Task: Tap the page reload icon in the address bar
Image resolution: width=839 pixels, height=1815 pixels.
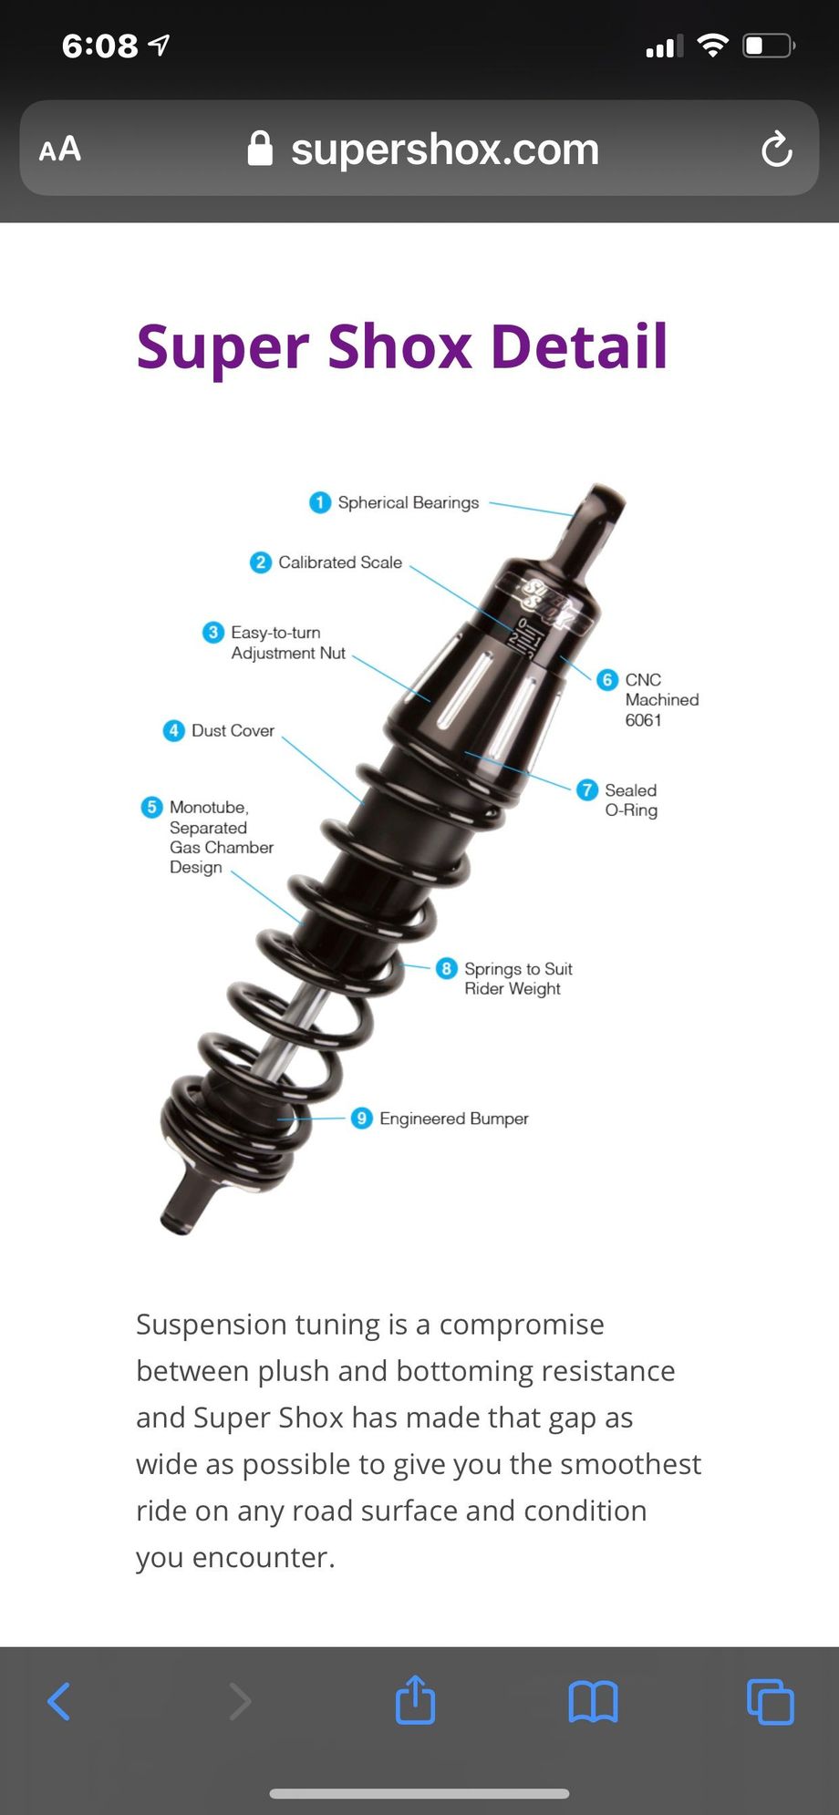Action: click(x=776, y=149)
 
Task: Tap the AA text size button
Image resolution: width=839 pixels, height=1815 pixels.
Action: click(x=60, y=149)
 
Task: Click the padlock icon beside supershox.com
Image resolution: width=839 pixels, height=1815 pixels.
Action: click(x=260, y=148)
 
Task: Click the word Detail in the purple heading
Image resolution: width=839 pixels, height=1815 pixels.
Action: click(x=579, y=346)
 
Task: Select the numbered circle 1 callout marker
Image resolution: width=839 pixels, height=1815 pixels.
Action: click(x=320, y=502)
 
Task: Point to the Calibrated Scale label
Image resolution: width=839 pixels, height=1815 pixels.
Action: click(x=340, y=562)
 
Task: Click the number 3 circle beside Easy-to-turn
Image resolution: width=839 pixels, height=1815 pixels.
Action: click(x=213, y=632)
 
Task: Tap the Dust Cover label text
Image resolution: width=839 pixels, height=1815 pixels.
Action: click(x=233, y=730)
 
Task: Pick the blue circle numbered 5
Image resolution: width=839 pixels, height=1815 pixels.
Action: click(x=152, y=807)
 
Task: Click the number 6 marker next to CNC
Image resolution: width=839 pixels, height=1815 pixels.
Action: click(x=607, y=679)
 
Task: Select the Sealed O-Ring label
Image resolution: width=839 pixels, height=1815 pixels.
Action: click(x=631, y=799)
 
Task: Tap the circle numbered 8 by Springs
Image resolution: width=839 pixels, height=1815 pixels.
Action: click(x=446, y=968)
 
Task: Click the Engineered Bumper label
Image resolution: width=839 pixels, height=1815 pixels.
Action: click(x=454, y=1119)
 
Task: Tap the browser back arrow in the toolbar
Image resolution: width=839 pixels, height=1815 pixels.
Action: click(x=59, y=1701)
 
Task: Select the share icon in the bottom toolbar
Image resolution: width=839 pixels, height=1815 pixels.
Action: click(x=415, y=1698)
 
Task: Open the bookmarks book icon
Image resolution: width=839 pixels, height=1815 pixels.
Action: click(x=593, y=1701)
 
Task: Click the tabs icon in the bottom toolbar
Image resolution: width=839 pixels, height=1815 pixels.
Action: click(x=771, y=1701)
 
